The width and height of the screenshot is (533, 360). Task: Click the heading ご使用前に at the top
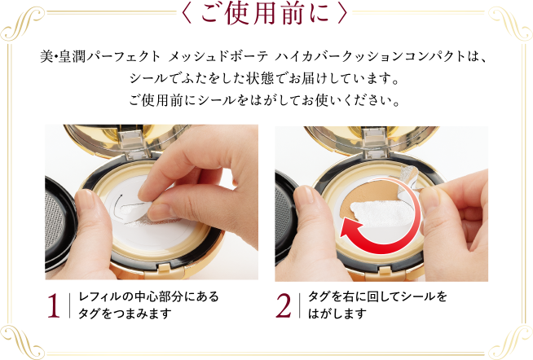(265, 14)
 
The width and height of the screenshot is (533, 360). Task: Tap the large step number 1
(54, 305)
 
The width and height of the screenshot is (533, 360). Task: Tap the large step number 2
(283, 305)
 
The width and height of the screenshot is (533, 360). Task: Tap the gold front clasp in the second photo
(385, 272)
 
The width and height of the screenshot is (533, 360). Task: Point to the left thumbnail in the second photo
(303, 195)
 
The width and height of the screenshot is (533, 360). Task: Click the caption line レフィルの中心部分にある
(148, 296)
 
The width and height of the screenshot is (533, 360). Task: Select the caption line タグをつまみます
(125, 314)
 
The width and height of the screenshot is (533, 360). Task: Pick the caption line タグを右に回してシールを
(377, 296)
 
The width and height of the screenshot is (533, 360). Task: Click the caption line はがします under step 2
(337, 314)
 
